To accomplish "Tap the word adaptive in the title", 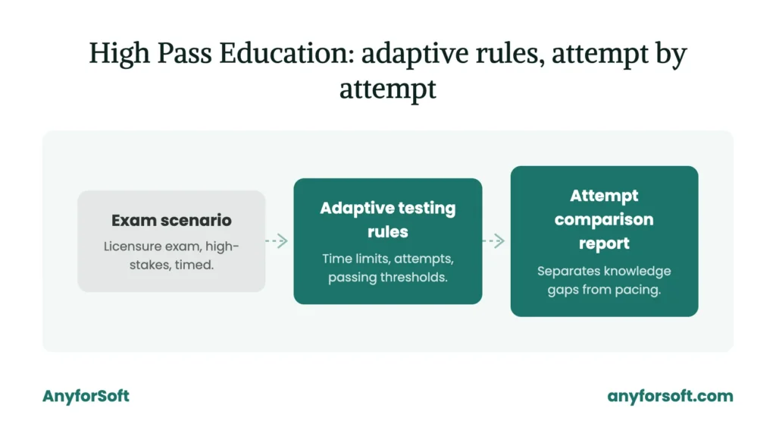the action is pyautogui.click(x=415, y=54).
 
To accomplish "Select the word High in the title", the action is pyautogui.click(x=119, y=55).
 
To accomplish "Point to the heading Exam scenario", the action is pyautogui.click(x=171, y=220).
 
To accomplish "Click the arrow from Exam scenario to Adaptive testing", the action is pyautogui.click(x=277, y=240).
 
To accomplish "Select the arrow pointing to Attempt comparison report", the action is pyautogui.click(x=493, y=240).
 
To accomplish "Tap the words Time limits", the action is pyautogui.click(x=356, y=259).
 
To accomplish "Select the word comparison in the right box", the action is pyautogui.click(x=604, y=219).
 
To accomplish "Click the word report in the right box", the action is pyautogui.click(x=604, y=243).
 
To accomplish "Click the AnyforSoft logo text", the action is pyautogui.click(x=86, y=396).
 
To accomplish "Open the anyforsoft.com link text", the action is pyautogui.click(x=670, y=396).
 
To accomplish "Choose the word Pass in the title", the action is pyautogui.click(x=185, y=54).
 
